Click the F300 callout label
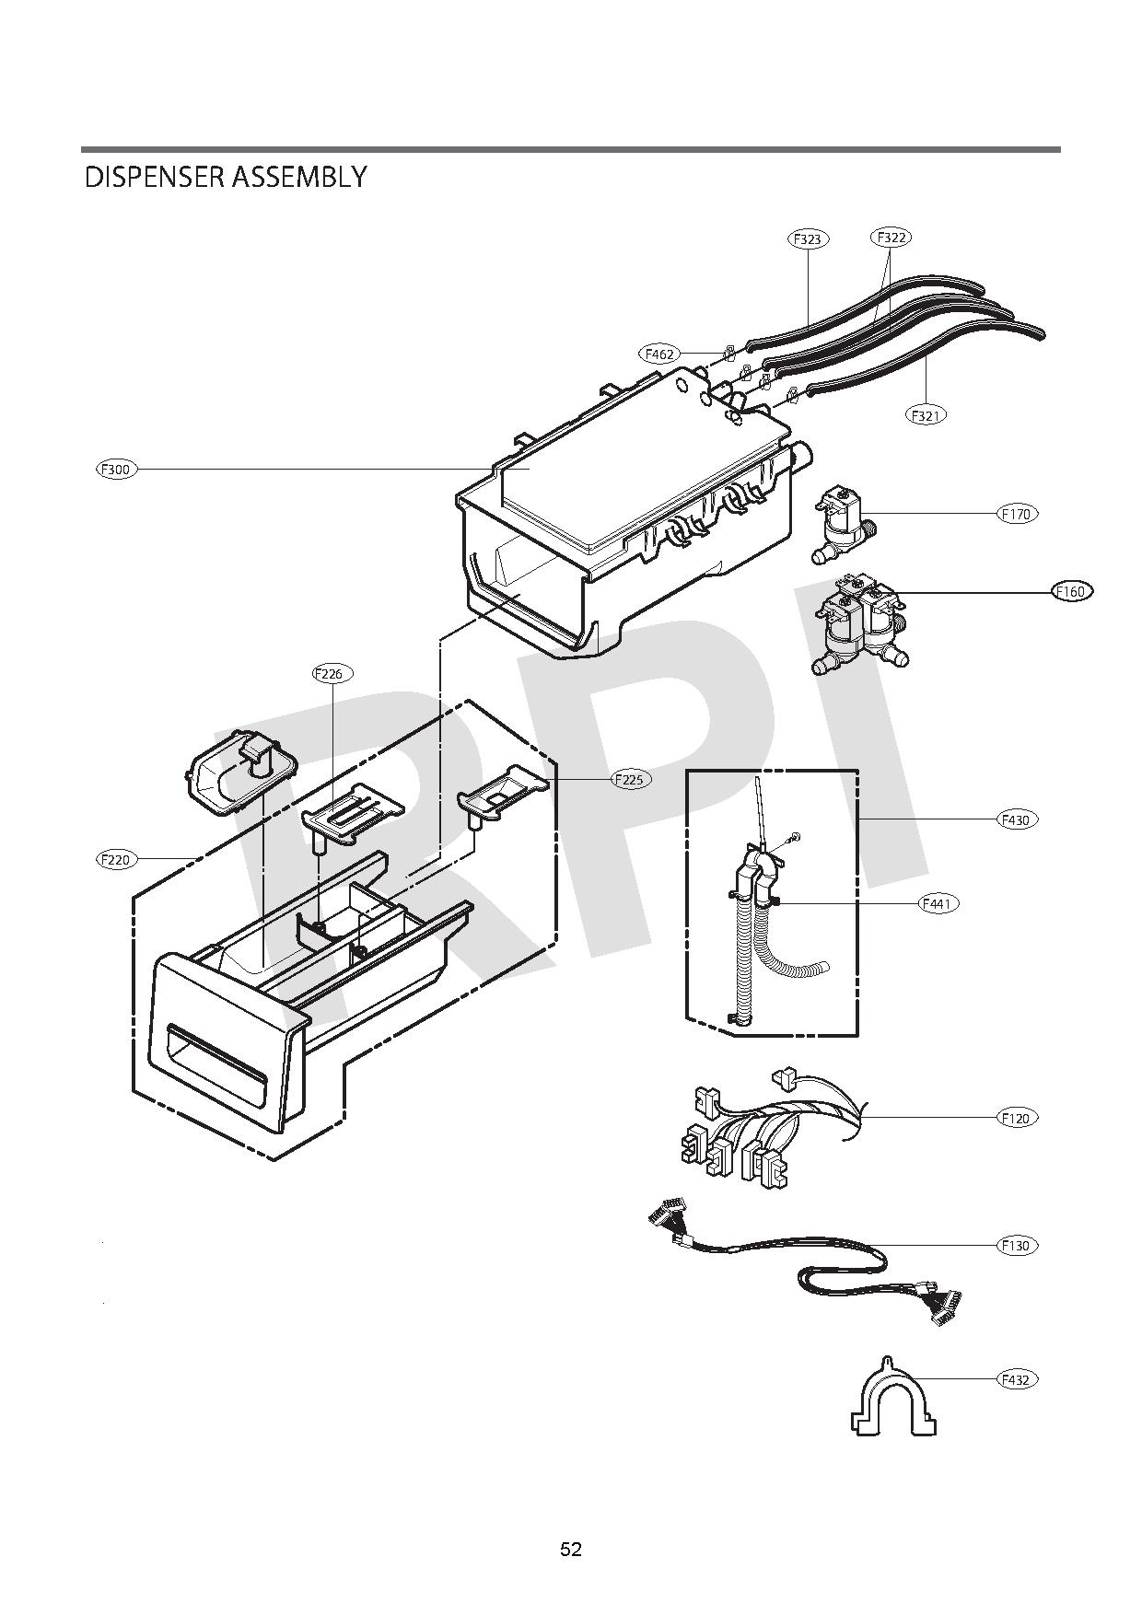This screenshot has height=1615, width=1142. point(117,470)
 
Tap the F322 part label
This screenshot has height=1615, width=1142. point(891,238)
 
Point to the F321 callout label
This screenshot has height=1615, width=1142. point(926,415)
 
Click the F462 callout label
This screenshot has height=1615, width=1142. point(659,354)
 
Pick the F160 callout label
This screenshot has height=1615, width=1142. point(1071,591)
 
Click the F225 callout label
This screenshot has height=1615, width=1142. point(631,779)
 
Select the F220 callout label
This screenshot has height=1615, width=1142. point(117,859)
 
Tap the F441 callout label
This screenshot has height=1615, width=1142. point(939,904)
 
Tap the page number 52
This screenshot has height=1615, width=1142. point(571,1550)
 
